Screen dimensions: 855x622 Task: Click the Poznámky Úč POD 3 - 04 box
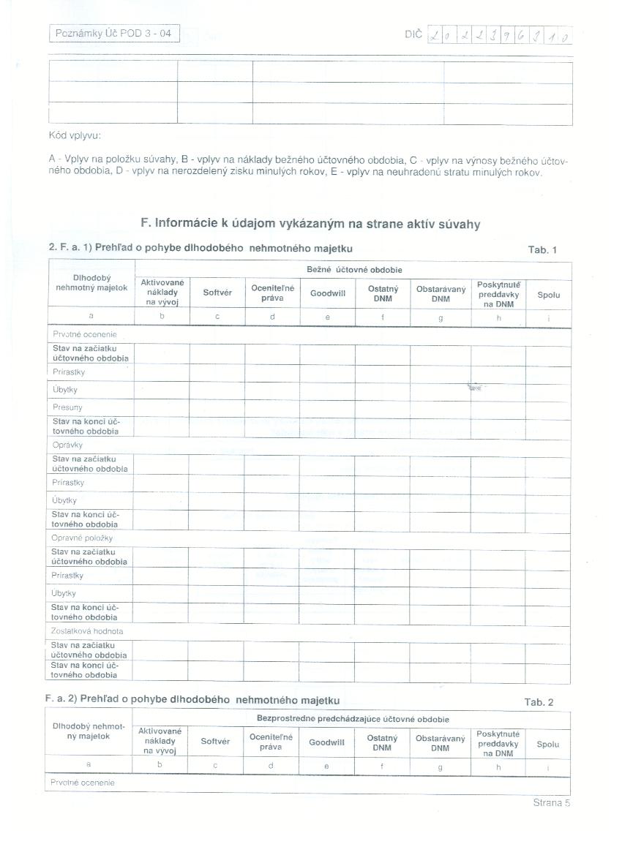click(114, 34)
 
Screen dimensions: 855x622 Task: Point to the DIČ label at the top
click(413, 34)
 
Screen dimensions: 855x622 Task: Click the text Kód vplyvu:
click(75, 135)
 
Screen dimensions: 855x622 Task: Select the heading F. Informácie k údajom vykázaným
click(310, 224)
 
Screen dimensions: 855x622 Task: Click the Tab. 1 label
click(542, 250)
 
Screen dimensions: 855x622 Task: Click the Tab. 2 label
click(539, 702)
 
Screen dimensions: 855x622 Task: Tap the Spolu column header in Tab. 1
click(548, 295)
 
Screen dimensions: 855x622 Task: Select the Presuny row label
click(67, 407)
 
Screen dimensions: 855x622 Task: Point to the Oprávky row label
click(67, 445)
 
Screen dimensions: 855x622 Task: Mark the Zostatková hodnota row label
click(86, 630)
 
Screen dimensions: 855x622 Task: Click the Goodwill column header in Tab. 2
click(326, 742)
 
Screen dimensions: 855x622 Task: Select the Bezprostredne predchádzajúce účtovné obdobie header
click(353, 720)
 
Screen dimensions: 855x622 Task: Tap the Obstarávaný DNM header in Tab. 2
click(440, 743)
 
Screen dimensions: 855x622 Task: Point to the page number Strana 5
click(551, 803)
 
